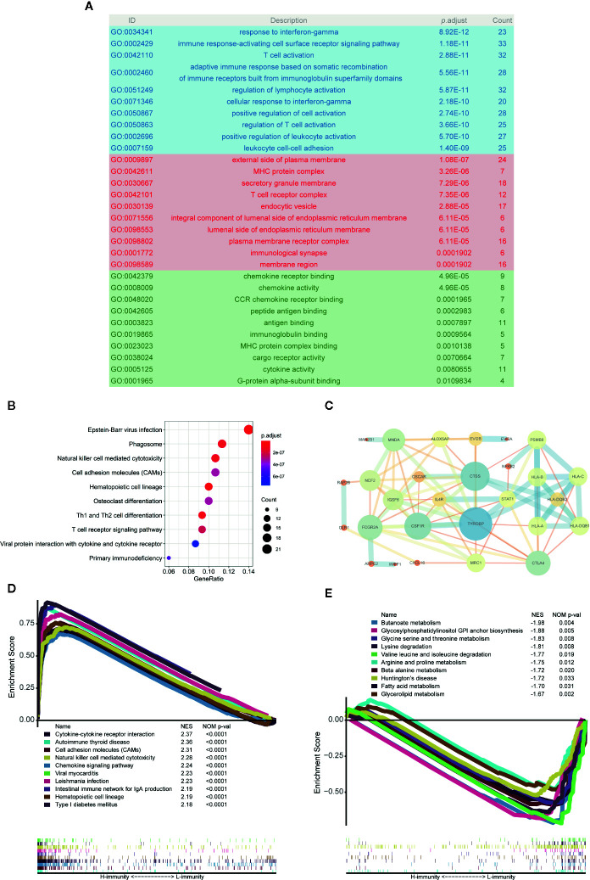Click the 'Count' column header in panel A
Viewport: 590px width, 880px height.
(x=550, y=19)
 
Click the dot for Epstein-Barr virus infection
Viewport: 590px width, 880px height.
(x=248, y=429)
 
